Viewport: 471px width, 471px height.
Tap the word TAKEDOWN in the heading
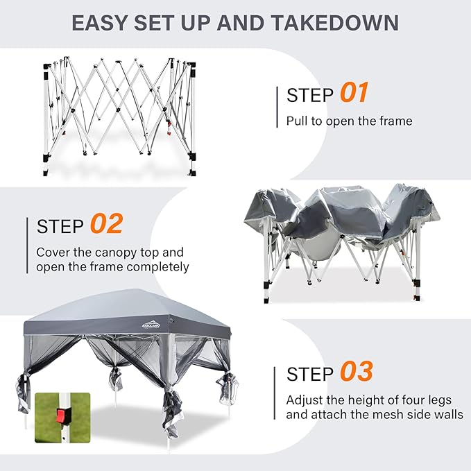coord(335,23)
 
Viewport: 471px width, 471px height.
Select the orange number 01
coord(354,92)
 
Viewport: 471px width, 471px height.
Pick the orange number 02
coord(107,223)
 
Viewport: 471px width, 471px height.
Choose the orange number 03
coord(357,371)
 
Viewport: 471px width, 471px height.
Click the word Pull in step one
coord(297,121)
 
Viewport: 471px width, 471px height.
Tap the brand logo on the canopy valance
coord(151,325)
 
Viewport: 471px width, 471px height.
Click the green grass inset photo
coord(62,418)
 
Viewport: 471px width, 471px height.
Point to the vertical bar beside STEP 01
coord(277,107)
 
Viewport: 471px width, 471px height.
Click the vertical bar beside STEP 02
coord(27,246)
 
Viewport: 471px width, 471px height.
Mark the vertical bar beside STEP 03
coord(275,393)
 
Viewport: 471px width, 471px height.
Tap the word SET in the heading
coord(154,23)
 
